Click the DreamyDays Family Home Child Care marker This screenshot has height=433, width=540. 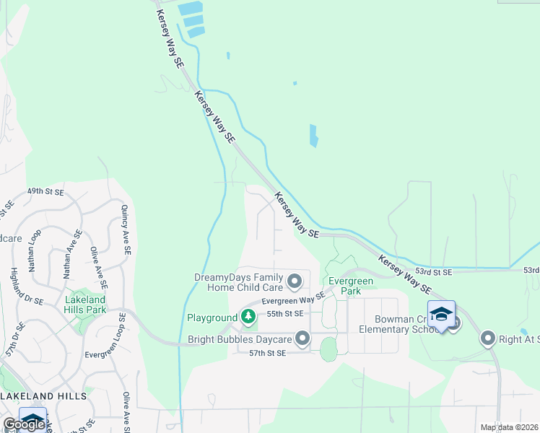pyautogui.click(x=295, y=280)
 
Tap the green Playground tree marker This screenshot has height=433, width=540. pyautogui.click(x=248, y=316)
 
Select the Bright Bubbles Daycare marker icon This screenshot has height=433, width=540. pyautogui.click(x=302, y=338)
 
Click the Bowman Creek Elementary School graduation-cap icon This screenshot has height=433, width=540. pyautogui.click(x=441, y=315)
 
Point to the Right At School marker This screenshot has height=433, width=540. pyautogui.click(x=489, y=338)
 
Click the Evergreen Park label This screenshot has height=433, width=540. pyautogui.click(x=350, y=286)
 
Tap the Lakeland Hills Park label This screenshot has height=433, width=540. pyautogui.click(x=86, y=305)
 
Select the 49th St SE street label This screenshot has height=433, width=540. pyautogui.click(x=45, y=192)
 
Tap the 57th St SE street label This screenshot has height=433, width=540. pyautogui.click(x=268, y=353)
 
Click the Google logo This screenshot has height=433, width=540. pyautogui.click(x=24, y=424)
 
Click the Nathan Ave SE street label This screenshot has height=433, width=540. pyautogui.click(x=69, y=254)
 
